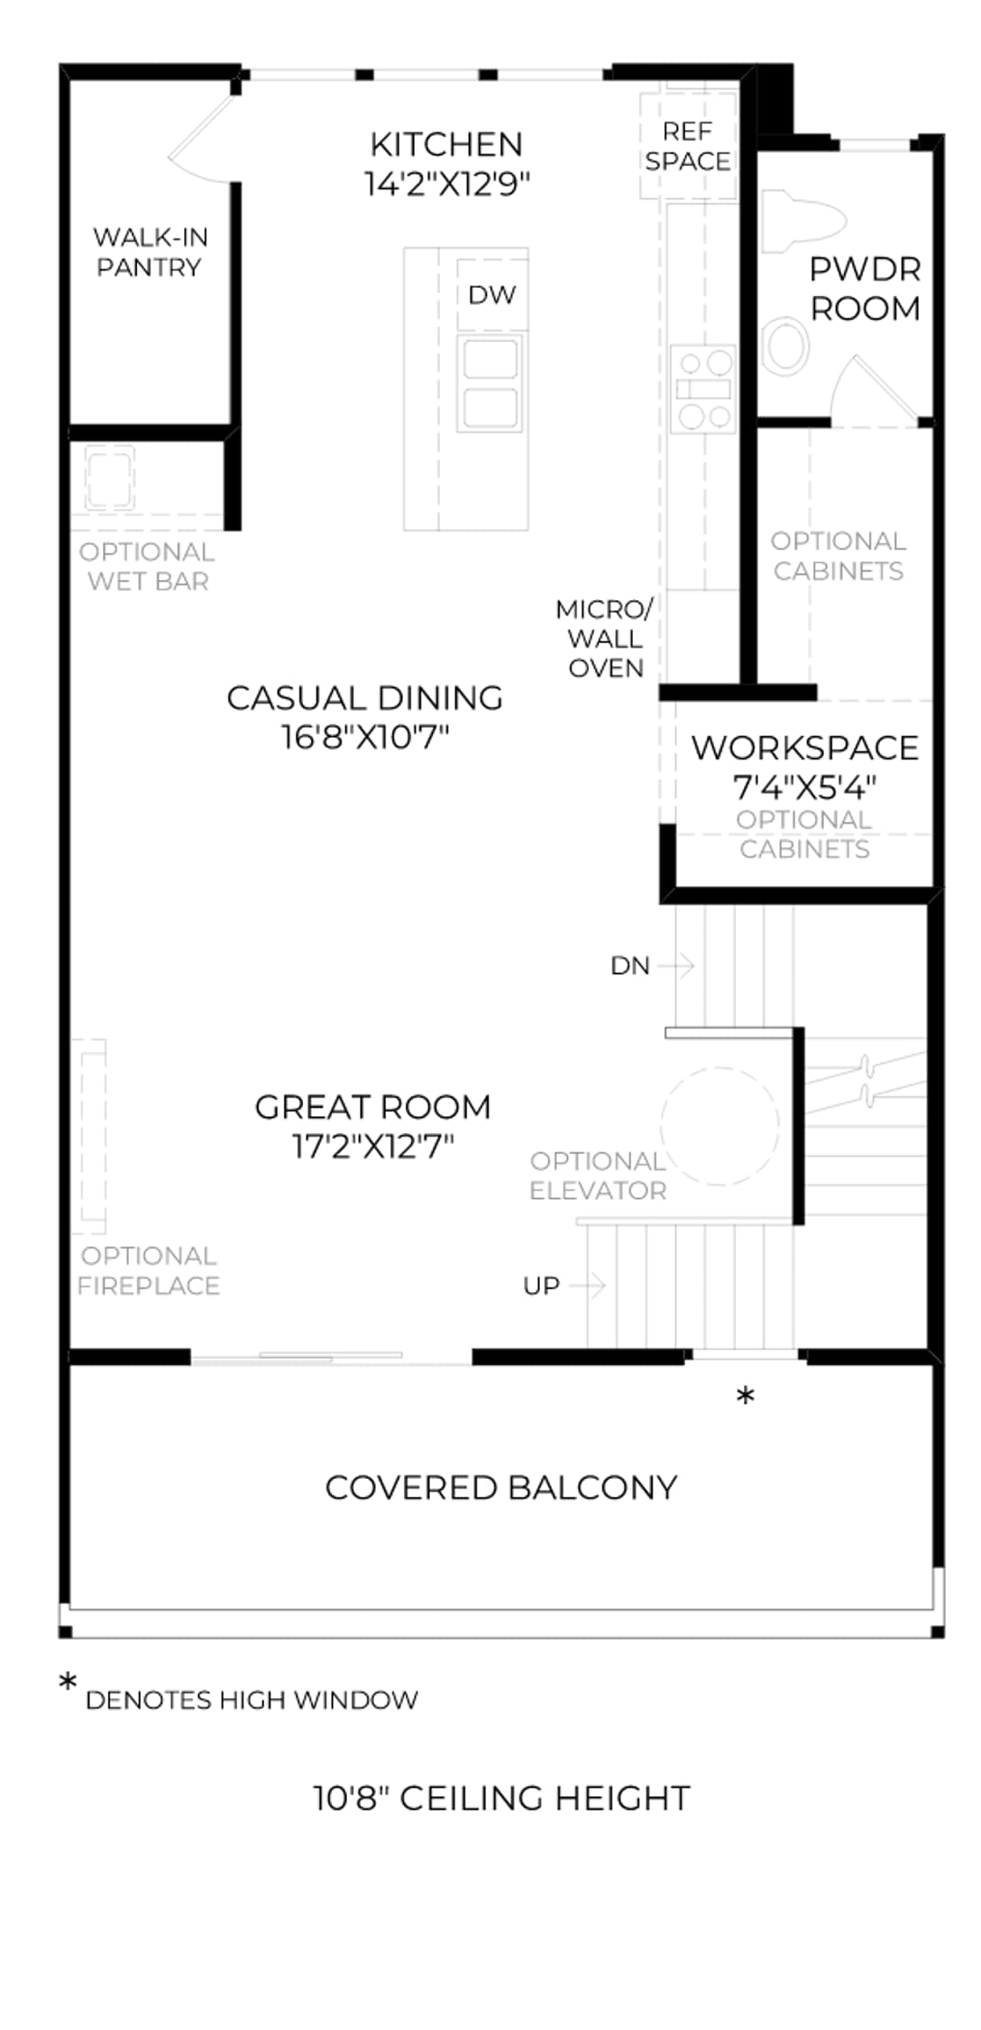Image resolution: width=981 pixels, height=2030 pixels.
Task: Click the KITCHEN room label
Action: [x=446, y=144]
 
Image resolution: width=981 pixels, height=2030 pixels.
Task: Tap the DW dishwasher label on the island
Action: [x=492, y=295]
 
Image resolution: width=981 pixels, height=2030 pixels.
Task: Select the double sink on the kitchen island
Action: [x=491, y=383]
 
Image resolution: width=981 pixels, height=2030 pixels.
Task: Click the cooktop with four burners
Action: [x=703, y=389]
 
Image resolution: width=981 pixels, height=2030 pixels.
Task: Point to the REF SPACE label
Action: [x=688, y=146]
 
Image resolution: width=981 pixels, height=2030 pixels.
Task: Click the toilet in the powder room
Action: [x=802, y=221]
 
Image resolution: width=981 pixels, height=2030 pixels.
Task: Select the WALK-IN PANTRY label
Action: [x=150, y=252]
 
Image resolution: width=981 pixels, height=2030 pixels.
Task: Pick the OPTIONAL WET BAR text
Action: [x=147, y=567]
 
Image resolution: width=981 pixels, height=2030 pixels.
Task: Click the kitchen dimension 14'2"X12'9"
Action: [x=446, y=184]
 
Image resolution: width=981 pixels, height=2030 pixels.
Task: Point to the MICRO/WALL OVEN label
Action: [x=605, y=639]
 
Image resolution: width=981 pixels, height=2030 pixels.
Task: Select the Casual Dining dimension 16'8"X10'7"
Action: [x=365, y=737]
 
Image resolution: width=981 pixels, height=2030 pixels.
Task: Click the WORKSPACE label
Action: [x=805, y=748]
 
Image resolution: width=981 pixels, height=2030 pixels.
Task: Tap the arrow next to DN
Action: [x=676, y=965]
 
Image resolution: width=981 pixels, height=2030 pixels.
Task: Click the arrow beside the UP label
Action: [x=587, y=1285]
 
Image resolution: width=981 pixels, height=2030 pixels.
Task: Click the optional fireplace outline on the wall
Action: [x=90, y=1137]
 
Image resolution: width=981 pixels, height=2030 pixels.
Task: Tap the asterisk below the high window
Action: [x=746, y=1397]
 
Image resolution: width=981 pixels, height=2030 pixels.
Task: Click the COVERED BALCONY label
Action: [x=501, y=1488]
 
